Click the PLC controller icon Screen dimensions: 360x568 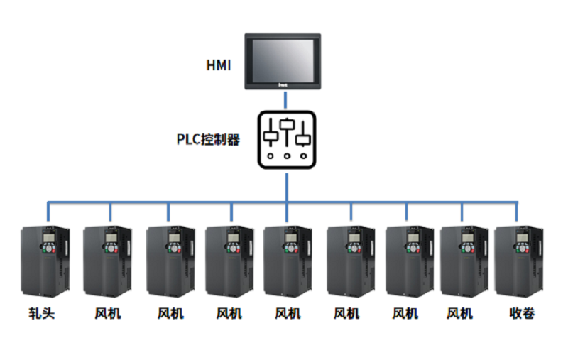point(287,138)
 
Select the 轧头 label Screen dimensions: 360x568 point(42,313)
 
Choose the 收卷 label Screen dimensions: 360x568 point(522,313)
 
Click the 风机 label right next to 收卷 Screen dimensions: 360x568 point(460,313)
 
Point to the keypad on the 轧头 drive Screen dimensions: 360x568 point(49,250)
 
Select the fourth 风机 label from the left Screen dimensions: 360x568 point(287,313)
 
